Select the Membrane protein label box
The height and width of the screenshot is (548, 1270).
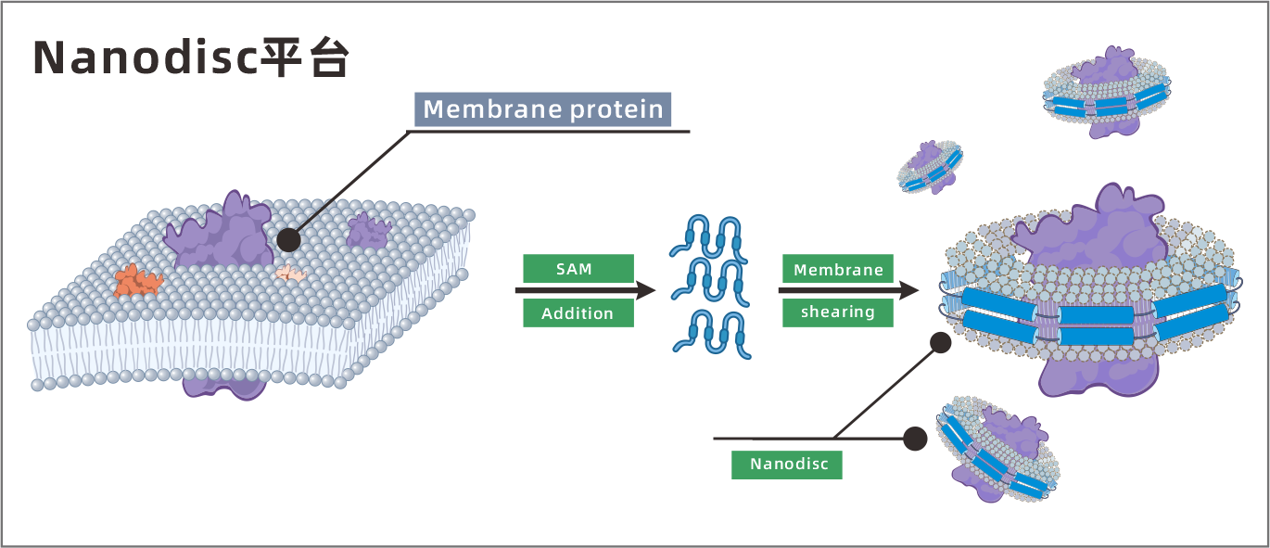click(542, 109)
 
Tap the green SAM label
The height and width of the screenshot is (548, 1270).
click(578, 269)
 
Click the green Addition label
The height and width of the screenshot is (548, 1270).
click(578, 313)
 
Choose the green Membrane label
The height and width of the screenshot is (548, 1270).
click(837, 270)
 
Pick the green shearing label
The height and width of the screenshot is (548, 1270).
click(837, 312)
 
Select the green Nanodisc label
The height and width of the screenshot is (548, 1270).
click(786, 464)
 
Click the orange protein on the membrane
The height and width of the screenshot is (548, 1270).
click(137, 278)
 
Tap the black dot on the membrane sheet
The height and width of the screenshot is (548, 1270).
click(288, 240)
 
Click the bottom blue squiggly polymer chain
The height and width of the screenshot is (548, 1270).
click(711, 335)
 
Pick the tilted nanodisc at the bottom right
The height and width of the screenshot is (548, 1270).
click(997, 451)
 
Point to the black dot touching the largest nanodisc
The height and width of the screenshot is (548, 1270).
click(940, 343)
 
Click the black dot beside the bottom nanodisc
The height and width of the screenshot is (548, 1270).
click(915, 439)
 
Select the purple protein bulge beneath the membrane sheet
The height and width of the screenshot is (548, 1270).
click(223, 382)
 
